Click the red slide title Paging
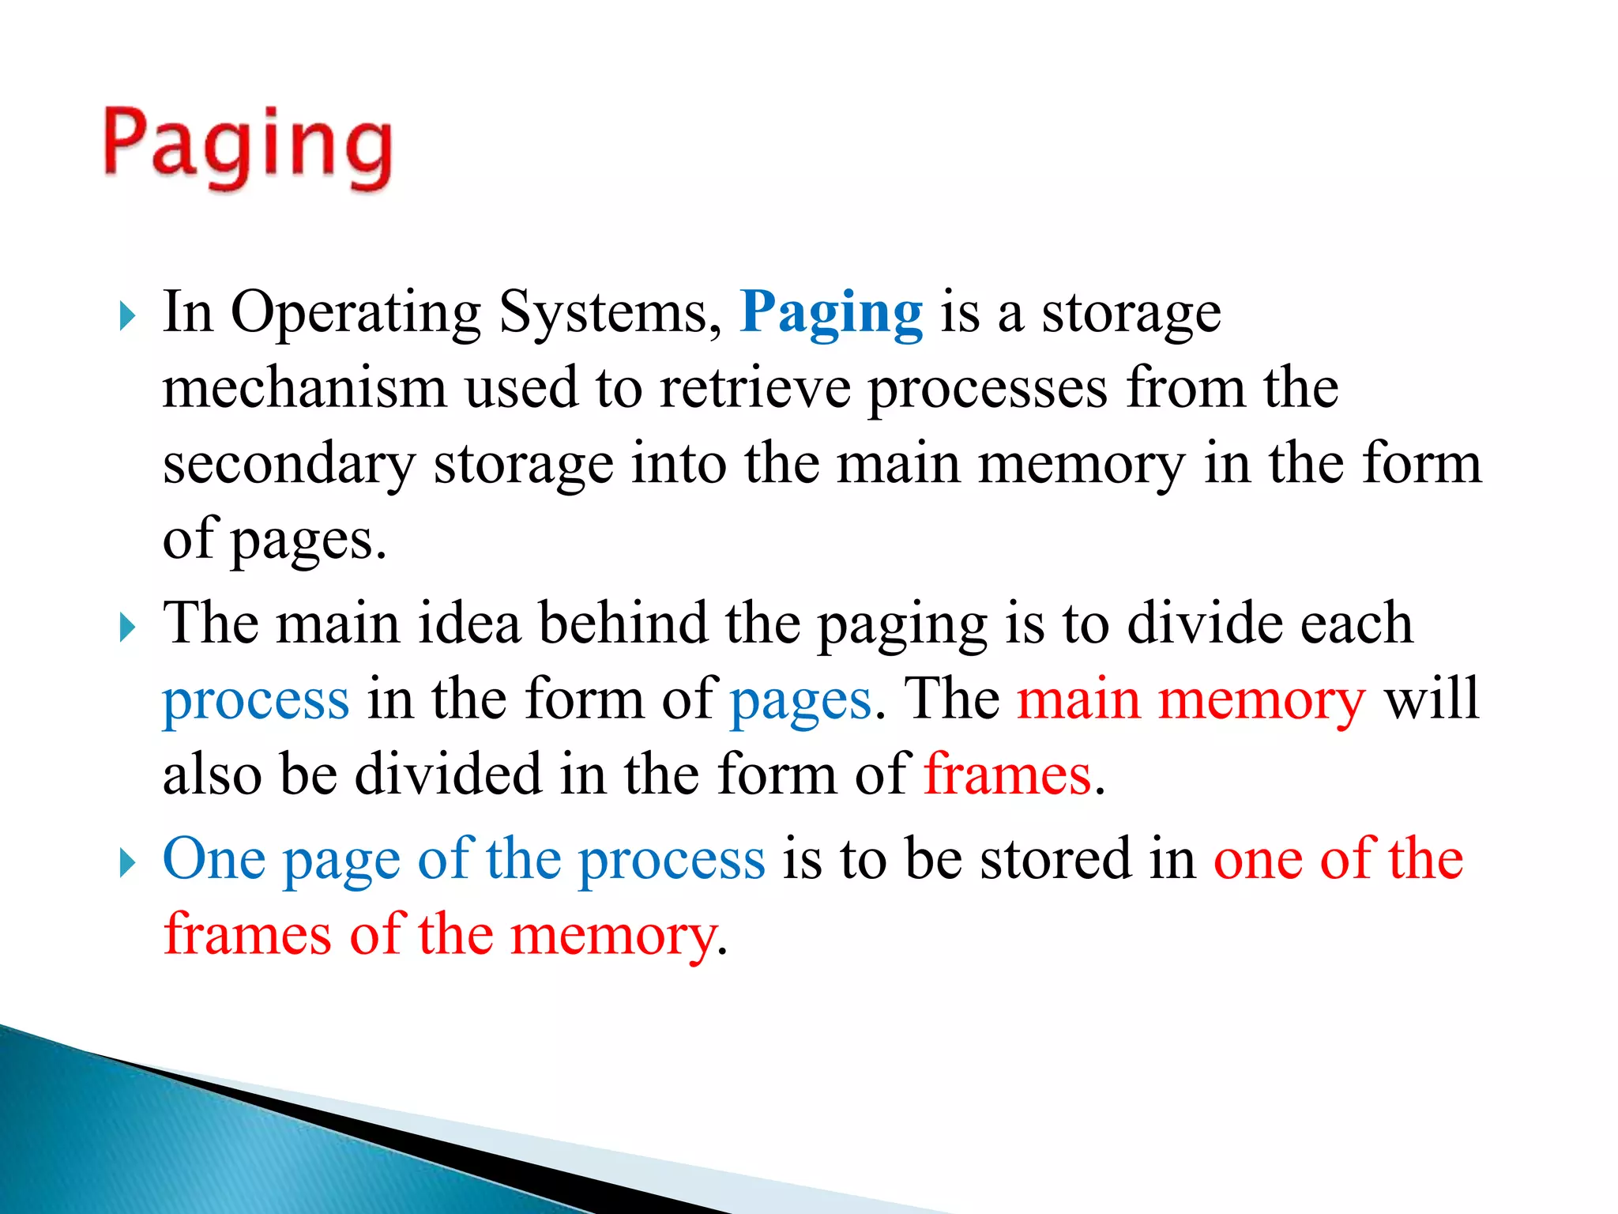click(x=247, y=149)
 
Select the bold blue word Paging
click(x=831, y=314)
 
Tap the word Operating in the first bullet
click(x=356, y=314)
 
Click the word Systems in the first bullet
click(x=610, y=314)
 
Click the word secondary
click(x=288, y=464)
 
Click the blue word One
click(x=214, y=859)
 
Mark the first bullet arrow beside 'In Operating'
click(x=127, y=317)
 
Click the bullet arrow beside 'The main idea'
click(x=127, y=628)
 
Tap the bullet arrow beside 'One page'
click(x=127, y=863)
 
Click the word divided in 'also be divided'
click(x=448, y=775)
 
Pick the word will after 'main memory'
click(x=1432, y=699)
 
